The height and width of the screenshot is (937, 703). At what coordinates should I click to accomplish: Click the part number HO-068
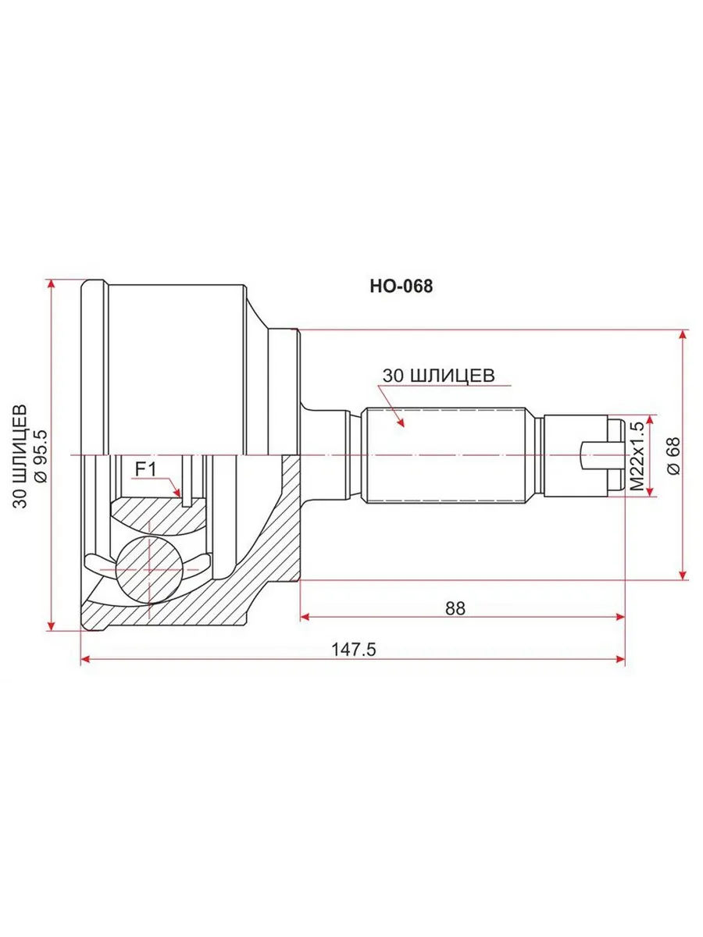pos(401,286)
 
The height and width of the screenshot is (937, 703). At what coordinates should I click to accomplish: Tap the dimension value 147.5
pos(354,650)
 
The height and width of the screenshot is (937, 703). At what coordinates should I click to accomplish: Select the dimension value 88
pos(455,608)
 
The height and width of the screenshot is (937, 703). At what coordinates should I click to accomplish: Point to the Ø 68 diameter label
pos(673,456)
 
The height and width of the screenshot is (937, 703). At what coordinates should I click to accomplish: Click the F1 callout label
pos(146,470)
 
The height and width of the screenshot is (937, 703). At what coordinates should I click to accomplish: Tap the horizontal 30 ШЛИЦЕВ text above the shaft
pos(439,376)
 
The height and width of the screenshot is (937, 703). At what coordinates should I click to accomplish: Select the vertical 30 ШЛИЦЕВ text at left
pos(20,456)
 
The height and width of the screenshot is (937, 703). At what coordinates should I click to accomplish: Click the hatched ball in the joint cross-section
pos(149,569)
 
